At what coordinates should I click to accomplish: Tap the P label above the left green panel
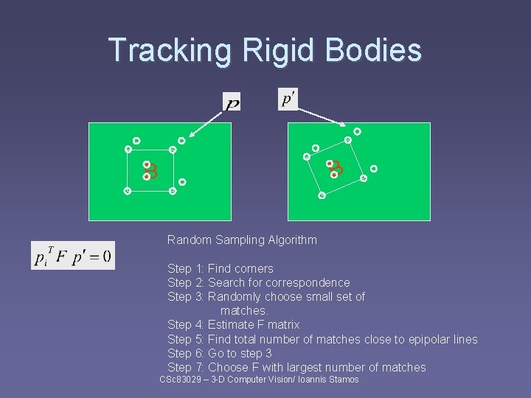tap(232, 103)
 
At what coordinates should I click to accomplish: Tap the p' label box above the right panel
tap(288, 99)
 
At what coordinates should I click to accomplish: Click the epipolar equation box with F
tap(73, 256)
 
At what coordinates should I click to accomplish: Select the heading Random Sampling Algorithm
tap(242, 240)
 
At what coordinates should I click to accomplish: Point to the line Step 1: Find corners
tap(220, 268)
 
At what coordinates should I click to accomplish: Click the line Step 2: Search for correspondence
tap(258, 282)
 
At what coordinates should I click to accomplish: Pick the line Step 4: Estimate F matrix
tap(233, 324)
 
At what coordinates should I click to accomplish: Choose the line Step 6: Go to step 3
tap(219, 353)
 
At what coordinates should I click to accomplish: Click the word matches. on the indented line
tap(244, 310)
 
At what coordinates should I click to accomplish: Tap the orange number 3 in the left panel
tap(153, 170)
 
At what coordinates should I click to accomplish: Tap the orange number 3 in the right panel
tap(336, 169)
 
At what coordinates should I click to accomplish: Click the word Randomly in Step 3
tap(233, 296)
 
